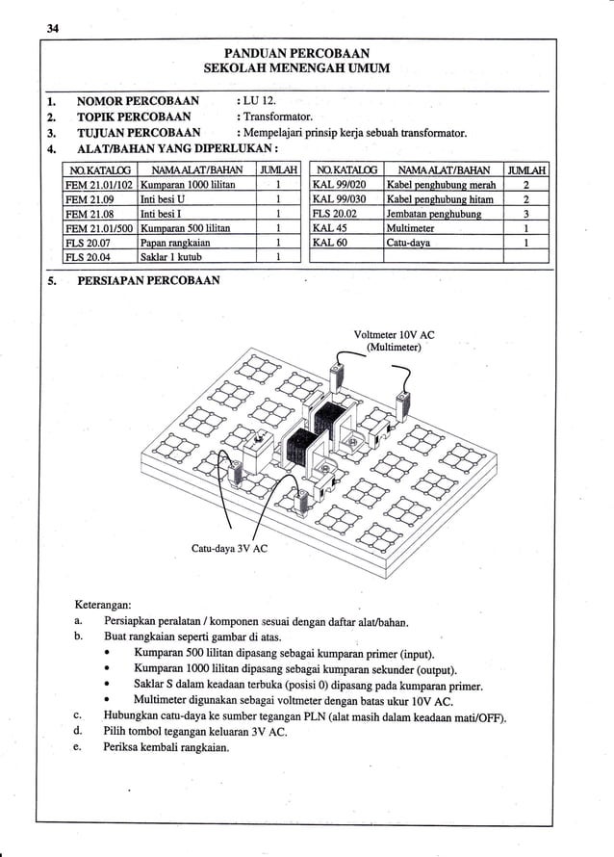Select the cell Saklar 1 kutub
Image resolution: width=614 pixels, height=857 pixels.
[174, 257]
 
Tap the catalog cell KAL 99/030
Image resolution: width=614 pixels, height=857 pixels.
[341, 198]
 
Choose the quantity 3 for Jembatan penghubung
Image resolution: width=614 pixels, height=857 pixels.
[526, 214]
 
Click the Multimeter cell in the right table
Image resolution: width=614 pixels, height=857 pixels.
[410, 228]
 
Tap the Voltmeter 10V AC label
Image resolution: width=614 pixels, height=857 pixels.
[395, 335]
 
